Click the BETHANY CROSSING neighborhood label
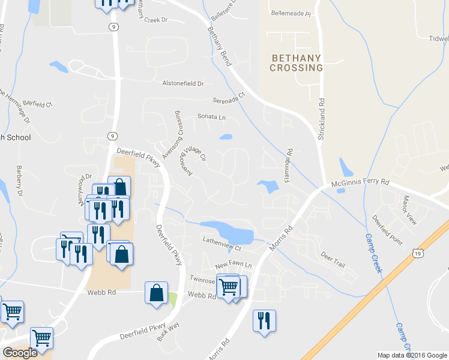coord(297,63)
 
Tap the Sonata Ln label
coord(212,117)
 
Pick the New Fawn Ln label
coord(234,265)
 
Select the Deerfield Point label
coord(387,230)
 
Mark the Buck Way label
coord(168,332)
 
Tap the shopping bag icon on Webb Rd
coord(156,293)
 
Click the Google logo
coord(20,353)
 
